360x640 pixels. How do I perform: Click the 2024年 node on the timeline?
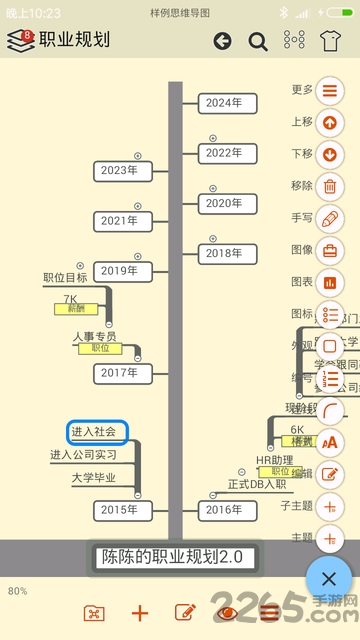224,102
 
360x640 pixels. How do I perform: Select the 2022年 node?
224,153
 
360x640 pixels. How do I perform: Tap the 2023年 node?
120,170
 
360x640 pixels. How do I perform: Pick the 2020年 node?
224,202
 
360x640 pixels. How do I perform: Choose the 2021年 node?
120,220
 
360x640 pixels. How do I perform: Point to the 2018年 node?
224,253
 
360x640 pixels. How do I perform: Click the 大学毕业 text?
93,478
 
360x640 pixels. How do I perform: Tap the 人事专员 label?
94,336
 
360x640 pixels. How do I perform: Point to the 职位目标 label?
65,277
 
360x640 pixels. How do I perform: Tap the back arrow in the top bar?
222,41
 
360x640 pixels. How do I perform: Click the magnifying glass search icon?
258,41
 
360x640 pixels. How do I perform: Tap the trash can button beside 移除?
330,186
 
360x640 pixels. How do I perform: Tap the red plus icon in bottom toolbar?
140,613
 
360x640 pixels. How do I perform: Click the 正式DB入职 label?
250,484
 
